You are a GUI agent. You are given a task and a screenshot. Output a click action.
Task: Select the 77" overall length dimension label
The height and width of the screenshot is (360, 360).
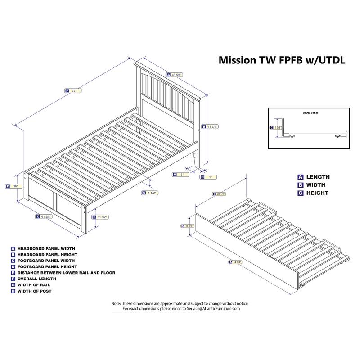click(x=74, y=90)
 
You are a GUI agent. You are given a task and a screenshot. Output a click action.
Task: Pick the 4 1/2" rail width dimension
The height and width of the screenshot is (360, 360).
click(x=153, y=193)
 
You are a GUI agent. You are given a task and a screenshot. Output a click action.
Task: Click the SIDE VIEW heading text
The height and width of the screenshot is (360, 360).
click(x=310, y=113)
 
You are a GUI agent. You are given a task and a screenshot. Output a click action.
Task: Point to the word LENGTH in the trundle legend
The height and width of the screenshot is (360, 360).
click(x=318, y=177)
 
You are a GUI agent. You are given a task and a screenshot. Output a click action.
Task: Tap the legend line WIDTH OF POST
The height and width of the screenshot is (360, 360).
click(x=36, y=291)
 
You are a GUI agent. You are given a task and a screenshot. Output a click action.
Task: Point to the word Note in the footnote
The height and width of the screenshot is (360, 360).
click(x=116, y=303)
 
